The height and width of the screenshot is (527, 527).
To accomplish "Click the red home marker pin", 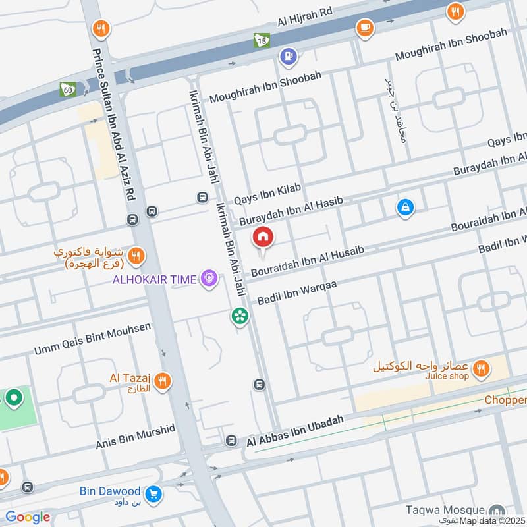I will click(x=263, y=238).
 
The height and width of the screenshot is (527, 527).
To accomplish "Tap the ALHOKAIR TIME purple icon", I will click(x=209, y=279).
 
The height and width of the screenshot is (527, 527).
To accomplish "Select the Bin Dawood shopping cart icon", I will click(x=154, y=492).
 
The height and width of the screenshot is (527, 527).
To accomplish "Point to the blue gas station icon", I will click(x=288, y=57).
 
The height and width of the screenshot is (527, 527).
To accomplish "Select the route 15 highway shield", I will click(x=262, y=41).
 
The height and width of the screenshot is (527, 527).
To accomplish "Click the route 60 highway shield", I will click(x=67, y=89).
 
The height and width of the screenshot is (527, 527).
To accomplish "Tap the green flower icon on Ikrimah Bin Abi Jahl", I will click(x=240, y=317).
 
